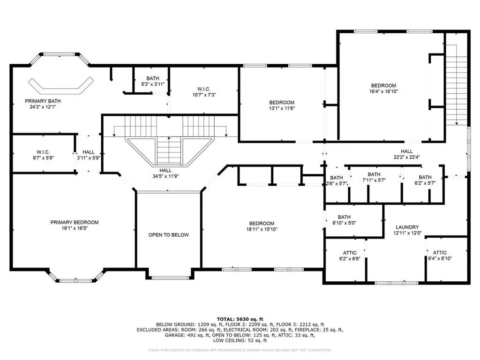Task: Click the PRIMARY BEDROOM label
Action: tap(75, 222)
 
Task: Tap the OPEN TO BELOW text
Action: tap(169, 235)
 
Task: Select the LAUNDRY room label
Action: tap(406, 227)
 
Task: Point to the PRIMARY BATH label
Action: tap(43, 101)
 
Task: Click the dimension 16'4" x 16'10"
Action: tap(383, 92)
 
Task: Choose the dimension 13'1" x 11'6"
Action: tap(281, 109)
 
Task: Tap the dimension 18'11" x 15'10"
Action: tap(262, 230)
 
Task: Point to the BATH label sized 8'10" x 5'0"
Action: tap(344, 217)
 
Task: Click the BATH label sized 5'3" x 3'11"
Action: tap(152, 78)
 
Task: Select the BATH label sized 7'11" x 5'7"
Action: tap(374, 174)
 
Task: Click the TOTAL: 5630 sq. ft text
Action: tap(240, 319)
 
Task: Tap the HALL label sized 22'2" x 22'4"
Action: tap(406, 151)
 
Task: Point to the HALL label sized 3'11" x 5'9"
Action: tap(88, 152)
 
